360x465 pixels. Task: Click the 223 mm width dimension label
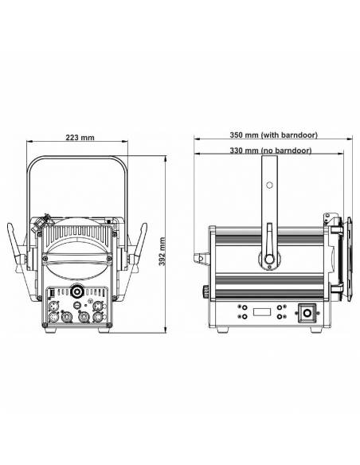pos(78,138)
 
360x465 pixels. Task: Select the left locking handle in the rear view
pos(18,247)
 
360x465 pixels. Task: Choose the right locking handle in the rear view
pos(137,247)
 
